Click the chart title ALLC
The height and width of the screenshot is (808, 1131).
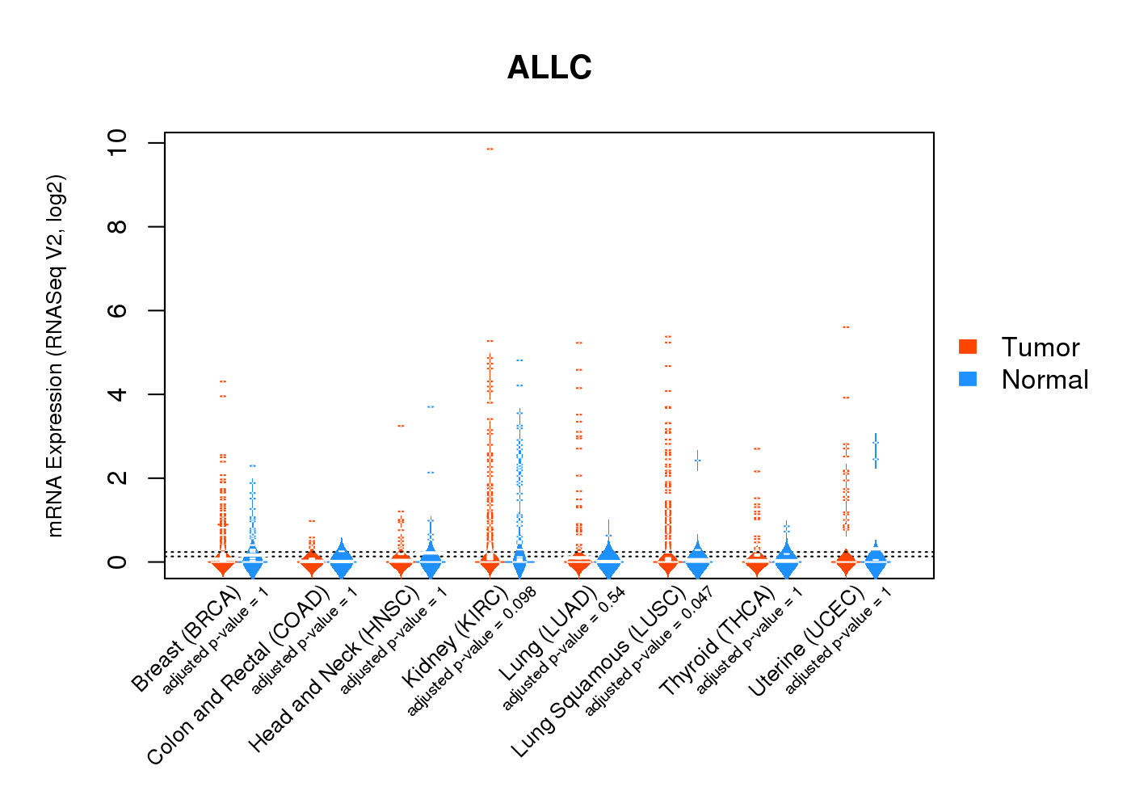click(549, 68)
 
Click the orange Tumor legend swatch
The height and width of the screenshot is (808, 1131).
click(968, 347)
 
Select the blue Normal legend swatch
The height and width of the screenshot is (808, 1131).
click(968, 379)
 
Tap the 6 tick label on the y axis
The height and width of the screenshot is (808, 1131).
click(119, 310)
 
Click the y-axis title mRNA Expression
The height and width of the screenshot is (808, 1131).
click(55, 356)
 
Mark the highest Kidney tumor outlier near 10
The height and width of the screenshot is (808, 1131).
click(490, 149)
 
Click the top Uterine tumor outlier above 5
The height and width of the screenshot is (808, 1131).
click(846, 327)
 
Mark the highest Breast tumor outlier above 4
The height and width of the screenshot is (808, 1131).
click(223, 381)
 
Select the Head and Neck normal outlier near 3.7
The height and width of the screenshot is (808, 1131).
click(431, 406)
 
